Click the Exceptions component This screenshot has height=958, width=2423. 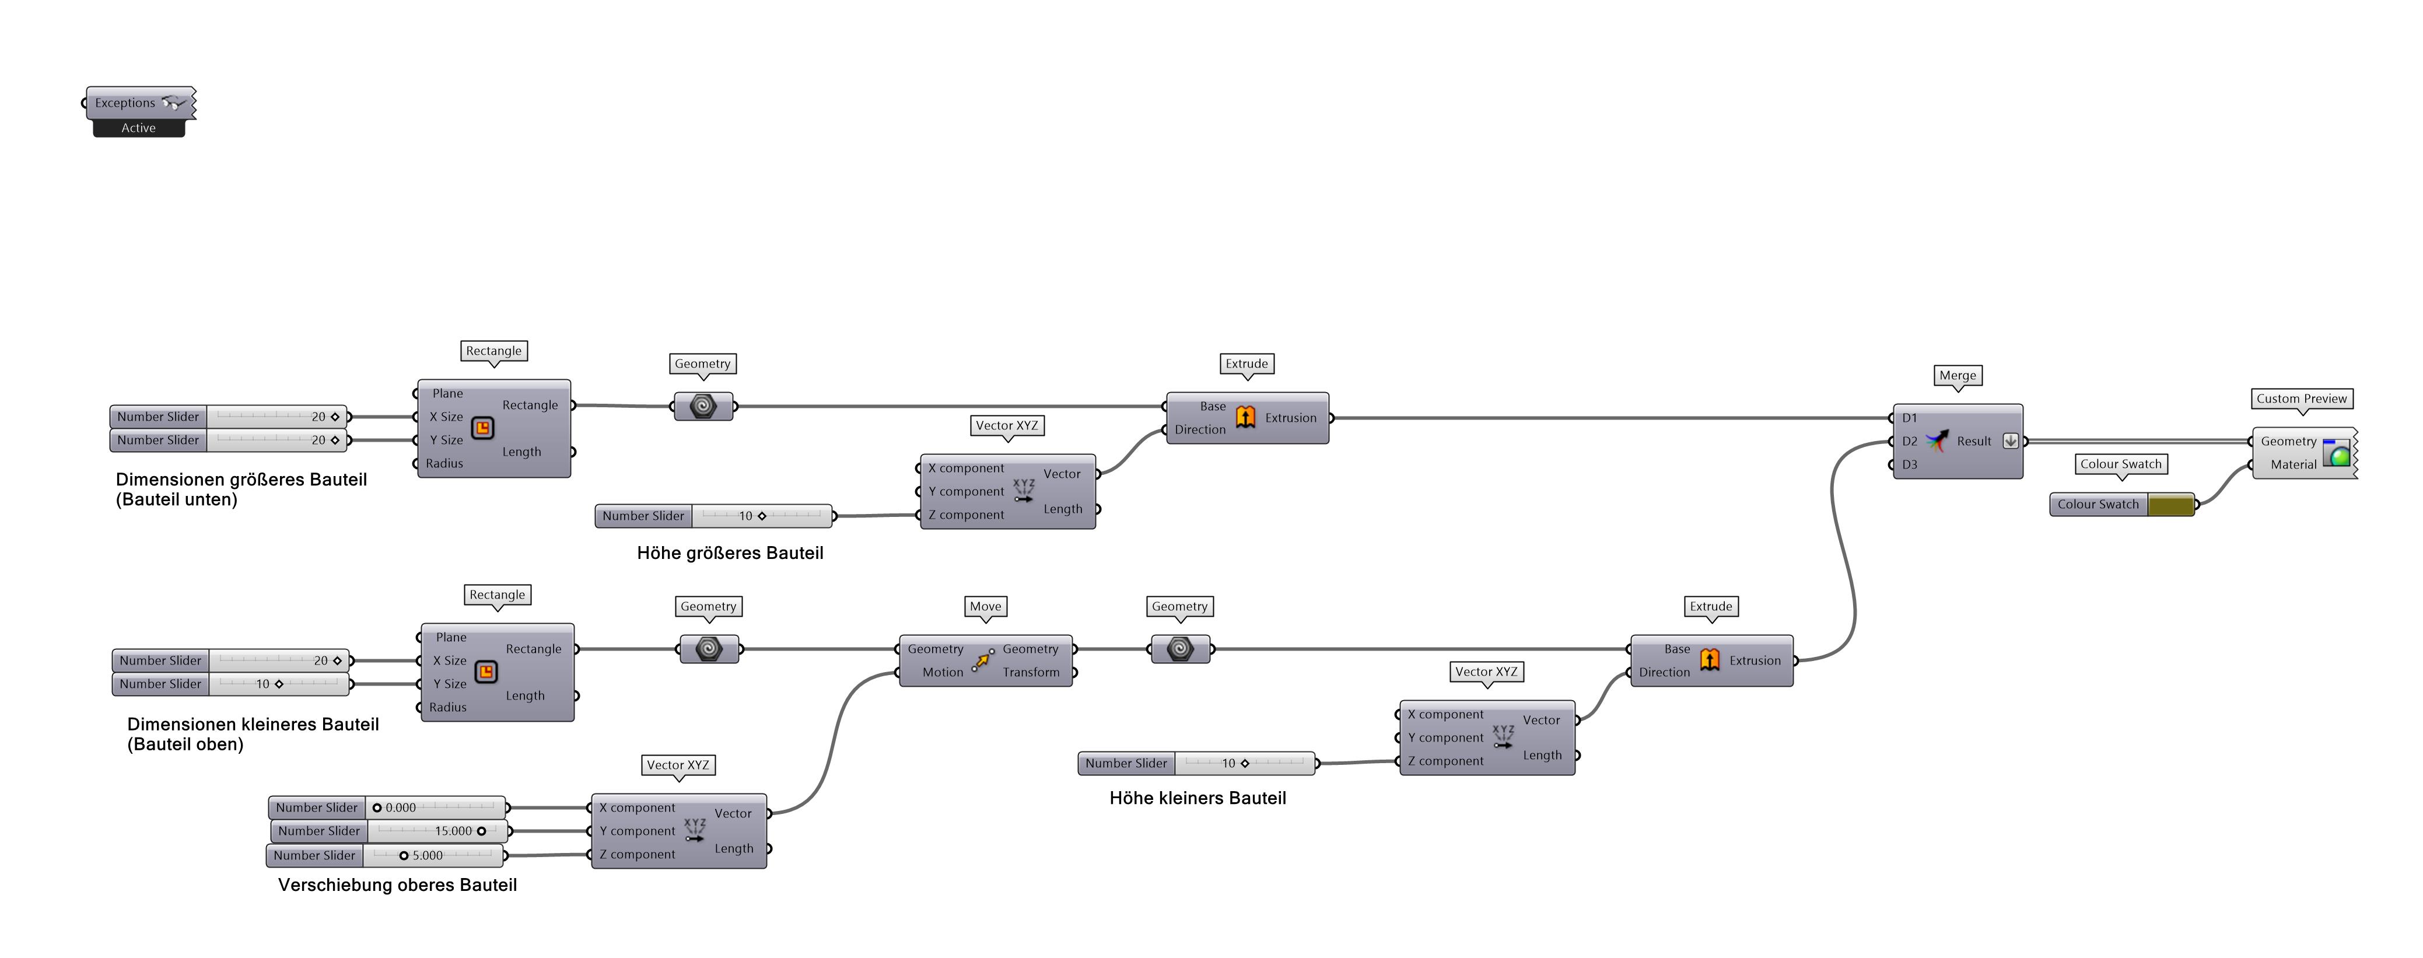[132, 103]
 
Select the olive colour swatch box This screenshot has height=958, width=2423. [2170, 505]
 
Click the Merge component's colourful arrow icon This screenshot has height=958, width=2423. [1937, 440]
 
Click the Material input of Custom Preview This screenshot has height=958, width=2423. [2292, 464]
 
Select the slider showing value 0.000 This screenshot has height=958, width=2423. [435, 807]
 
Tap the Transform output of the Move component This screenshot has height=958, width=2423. [1031, 672]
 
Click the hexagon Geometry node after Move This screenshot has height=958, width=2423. [1179, 648]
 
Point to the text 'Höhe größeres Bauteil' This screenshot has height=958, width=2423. [730, 553]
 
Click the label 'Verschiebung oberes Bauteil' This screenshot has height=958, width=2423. [397, 884]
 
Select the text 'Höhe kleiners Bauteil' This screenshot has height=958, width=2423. [1198, 798]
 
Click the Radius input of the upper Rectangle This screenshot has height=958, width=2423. [444, 463]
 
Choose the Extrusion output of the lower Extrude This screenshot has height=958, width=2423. [1755, 660]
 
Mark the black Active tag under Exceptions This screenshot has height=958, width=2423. [138, 128]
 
